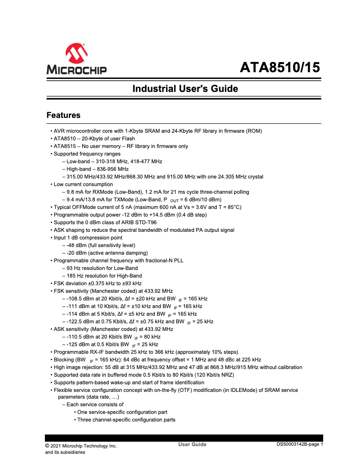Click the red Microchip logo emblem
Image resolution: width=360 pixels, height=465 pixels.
76,54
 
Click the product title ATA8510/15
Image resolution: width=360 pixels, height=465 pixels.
280,68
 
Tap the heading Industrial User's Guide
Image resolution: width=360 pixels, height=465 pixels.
185,89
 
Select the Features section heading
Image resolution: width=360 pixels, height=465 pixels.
63,115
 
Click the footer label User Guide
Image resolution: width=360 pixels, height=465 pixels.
192,444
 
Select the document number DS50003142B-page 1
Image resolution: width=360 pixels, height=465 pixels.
299,444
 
